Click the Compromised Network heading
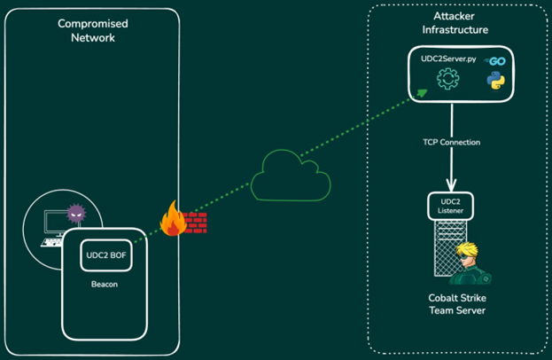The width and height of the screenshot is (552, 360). pyautogui.click(x=92, y=30)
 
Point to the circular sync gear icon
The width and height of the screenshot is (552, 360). pyautogui.click(x=448, y=79)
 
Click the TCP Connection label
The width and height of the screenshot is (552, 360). pyautogui.click(x=451, y=142)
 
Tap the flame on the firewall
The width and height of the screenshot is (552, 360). pyautogui.click(x=173, y=218)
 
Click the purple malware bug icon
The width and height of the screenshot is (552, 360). pyautogui.click(x=75, y=214)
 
